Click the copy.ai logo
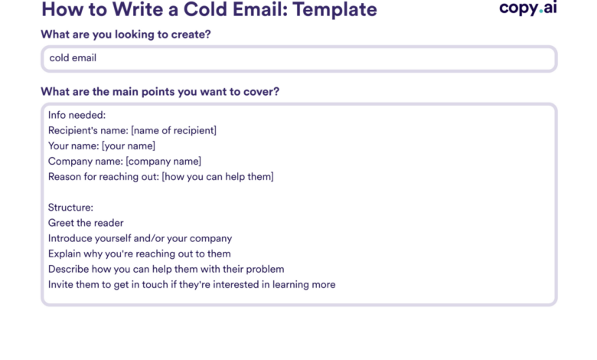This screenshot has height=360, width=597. coord(527,8)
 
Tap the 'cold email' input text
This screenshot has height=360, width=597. coord(73,57)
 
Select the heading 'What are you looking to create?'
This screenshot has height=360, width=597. coord(126,34)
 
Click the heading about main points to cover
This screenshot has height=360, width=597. coord(160,92)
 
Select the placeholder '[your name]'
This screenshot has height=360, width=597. coord(129,146)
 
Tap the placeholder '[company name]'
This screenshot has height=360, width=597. coord(164,161)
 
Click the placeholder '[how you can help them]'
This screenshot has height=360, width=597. coord(218,176)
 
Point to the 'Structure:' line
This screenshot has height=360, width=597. coord(70,208)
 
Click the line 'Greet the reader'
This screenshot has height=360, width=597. coord(86,223)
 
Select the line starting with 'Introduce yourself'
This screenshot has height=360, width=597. coord(140,238)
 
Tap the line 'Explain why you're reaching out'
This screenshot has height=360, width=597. coord(139,254)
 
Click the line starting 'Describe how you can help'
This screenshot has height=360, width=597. coord(166,269)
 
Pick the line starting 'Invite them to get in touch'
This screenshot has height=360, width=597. coord(191,284)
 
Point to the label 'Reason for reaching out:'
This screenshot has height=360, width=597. coord(103,176)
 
